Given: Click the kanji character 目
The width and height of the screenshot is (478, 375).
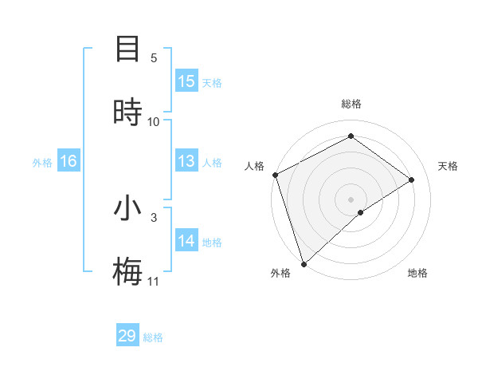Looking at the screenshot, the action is pyautogui.click(x=127, y=48).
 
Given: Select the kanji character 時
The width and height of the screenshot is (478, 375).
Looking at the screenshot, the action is pyautogui.click(x=127, y=112).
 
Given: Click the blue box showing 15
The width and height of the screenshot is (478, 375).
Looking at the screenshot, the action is pyautogui.click(x=186, y=81).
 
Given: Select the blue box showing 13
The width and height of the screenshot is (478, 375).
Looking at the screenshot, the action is pyautogui.click(x=186, y=161).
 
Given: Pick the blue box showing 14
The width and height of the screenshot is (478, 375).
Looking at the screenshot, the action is pyautogui.click(x=186, y=241).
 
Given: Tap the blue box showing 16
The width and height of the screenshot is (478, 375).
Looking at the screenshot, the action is pyautogui.click(x=69, y=161).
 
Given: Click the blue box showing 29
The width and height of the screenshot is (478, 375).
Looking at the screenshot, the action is pyautogui.click(x=127, y=336).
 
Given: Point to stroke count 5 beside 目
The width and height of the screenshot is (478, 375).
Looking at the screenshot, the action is pyautogui.click(x=154, y=58).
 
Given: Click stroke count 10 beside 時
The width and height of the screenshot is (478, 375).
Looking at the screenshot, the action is pyautogui.click(x=154, y=122).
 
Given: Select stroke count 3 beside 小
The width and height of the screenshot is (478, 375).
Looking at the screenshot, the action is pyautogui.click(x=154, y=217).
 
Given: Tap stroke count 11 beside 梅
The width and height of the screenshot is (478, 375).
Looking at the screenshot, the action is pyautogui.click(x=154, y=282).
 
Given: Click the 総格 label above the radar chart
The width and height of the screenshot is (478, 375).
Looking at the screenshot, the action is pyautogui.click(x=351, y=104).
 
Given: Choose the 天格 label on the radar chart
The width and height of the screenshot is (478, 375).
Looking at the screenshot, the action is pyautogui.click(x=448, y=166).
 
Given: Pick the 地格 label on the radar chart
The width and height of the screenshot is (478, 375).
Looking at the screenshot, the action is pyautogui.click(x=417, y=273).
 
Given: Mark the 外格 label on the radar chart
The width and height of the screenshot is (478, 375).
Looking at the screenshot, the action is pyautogui.click(x=280, y=273).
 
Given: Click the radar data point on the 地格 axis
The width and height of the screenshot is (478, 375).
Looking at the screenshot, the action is pyautogui.click(x=361, y=212).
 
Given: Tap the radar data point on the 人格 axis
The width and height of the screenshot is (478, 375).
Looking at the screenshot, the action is pyautogui.click(x=275, y=175).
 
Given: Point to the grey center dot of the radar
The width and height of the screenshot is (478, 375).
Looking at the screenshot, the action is pyautogui.click(x=351, y=199).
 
